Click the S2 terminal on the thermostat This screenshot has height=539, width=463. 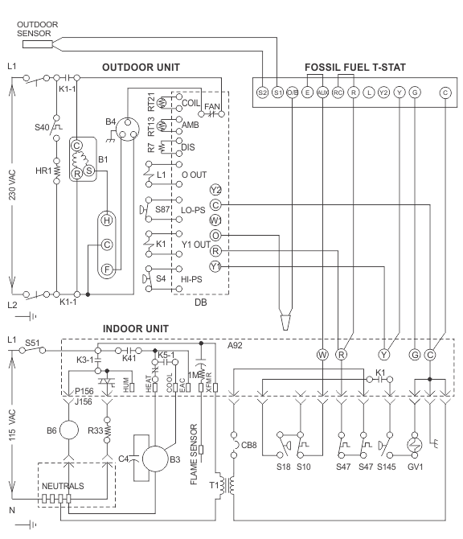(262, 93)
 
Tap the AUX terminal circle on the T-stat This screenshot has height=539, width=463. (322, 93)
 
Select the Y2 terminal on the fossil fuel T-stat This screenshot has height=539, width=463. (383, 93)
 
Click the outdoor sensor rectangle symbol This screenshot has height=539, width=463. (38, 44)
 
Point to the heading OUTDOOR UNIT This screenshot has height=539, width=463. (141, 67)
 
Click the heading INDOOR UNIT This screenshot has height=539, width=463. (136, 328)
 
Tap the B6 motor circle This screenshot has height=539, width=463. (69, 430)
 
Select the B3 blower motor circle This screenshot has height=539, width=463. (155, 459)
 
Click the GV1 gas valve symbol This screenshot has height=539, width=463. (415, 445)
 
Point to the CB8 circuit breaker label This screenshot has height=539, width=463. (249, 445)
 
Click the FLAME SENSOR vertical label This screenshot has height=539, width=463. (194, 454)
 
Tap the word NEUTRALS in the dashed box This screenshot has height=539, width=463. (63, 486)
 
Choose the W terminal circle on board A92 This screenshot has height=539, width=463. (322, 355)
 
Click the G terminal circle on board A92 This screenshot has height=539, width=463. (415, 355)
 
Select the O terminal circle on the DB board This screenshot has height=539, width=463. (215, 236)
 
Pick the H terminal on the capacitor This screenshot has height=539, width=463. (107, 220)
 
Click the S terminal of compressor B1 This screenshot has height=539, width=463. (89, 171)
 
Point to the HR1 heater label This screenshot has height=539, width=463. (43, 171)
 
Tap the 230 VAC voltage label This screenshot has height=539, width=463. (12, 185)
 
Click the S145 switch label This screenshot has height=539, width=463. (387, 467)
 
